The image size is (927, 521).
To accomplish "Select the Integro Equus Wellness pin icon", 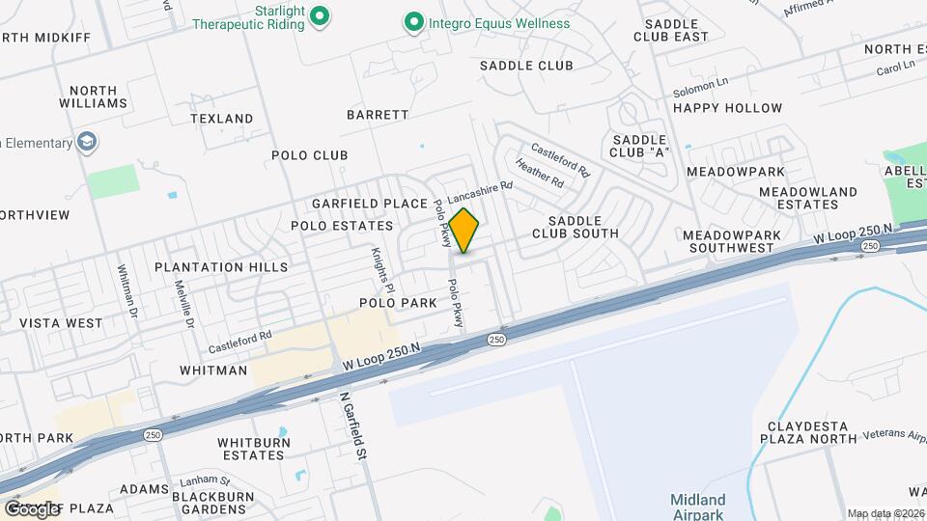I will [414, 21].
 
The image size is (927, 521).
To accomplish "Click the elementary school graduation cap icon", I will [88, 143].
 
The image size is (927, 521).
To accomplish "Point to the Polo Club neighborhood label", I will [309, 155].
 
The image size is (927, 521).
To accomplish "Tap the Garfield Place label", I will [369, 204].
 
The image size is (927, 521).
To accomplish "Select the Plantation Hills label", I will [221, 267].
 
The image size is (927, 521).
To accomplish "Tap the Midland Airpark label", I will [698, 507].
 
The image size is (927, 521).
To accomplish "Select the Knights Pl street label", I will [378, 269].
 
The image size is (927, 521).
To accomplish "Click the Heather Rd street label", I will [539, 174].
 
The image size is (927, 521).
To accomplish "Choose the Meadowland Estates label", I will [807, 198].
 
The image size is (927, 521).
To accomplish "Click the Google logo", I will [31, 508].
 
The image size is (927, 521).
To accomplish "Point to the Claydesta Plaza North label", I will [812, 431].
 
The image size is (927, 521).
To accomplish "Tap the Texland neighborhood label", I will [222, 119].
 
